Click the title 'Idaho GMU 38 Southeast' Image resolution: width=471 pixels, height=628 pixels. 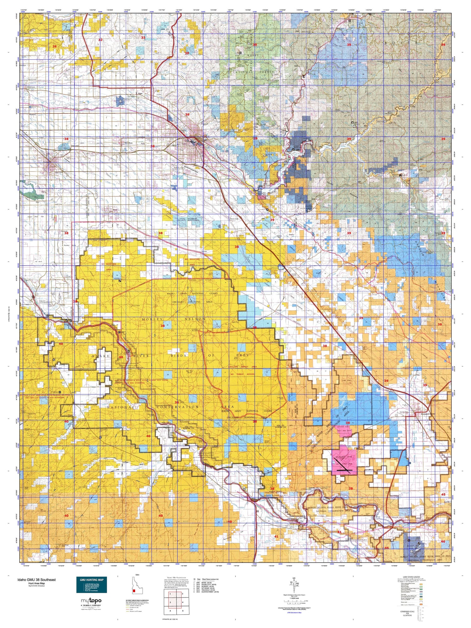(36, 579)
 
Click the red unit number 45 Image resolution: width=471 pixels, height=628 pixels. (443, 494)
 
